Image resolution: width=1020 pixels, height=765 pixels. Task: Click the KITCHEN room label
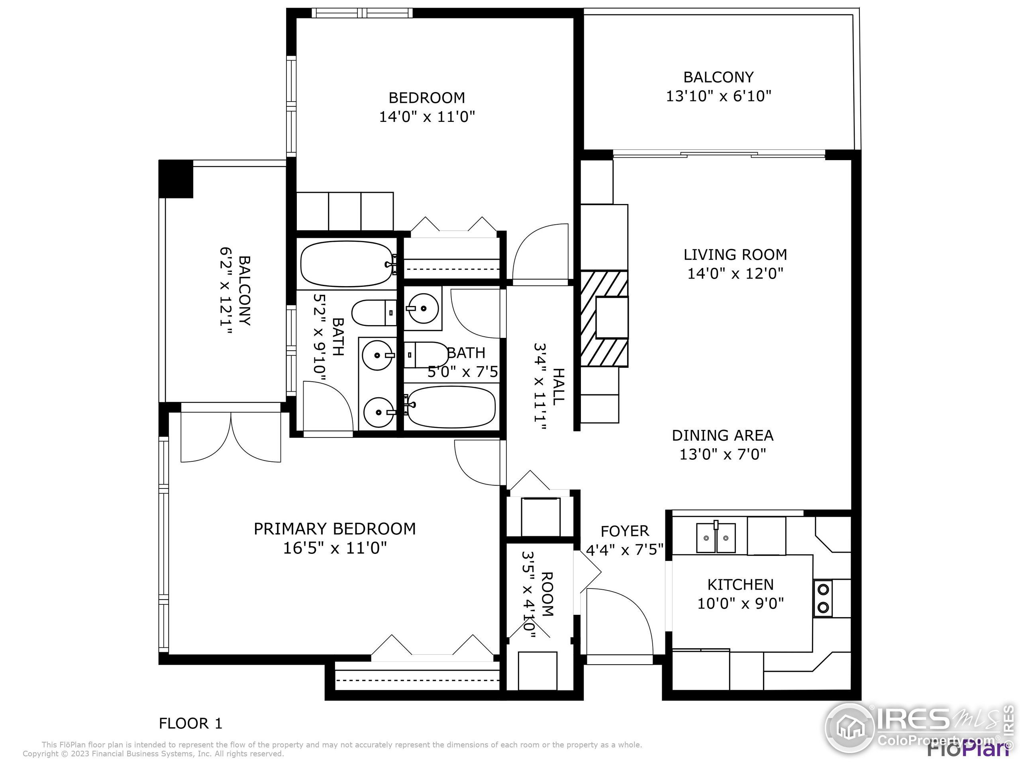741,585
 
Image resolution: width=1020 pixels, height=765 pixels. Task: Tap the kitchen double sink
716,537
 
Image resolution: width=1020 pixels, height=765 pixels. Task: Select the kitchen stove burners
823,598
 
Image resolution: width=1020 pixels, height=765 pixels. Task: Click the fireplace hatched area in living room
604,318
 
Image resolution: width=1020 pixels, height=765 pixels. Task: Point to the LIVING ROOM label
735,255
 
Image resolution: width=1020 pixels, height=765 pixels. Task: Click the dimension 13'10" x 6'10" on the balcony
718,96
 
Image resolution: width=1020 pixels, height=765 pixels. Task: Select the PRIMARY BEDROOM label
335,528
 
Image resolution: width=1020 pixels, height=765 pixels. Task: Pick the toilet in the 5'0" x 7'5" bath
427,355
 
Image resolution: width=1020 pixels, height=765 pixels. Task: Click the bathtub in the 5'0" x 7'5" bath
452,407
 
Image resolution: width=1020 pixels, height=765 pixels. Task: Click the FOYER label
625,531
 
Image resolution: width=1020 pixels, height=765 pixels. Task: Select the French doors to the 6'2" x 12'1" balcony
231,436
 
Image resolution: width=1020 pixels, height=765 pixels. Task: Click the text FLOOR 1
190,724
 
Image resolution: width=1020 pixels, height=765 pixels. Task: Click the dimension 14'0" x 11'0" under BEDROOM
427,117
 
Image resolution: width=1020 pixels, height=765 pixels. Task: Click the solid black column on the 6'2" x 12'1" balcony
176,178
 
